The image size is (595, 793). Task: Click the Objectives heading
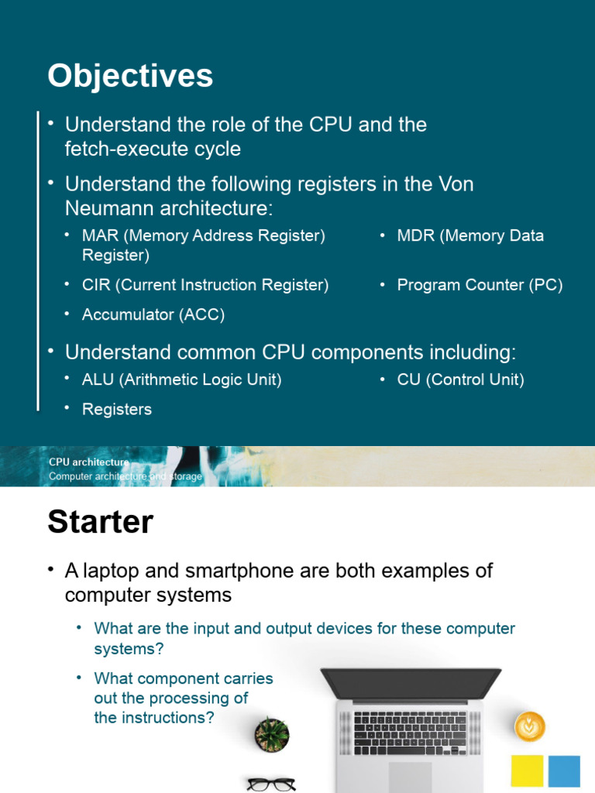point(130,77)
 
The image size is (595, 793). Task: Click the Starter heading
point(100,523)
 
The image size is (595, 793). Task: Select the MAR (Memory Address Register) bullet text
point(203,235)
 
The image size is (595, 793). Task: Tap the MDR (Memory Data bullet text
point(470,235)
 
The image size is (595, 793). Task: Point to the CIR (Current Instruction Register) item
point(205,285)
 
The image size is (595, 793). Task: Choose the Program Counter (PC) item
point(480,285)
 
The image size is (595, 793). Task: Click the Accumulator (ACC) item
point(153,314)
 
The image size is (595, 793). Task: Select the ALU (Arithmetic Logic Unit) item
point(182,379)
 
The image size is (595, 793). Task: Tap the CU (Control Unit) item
point(460,379)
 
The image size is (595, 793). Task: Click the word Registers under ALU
point(117,410)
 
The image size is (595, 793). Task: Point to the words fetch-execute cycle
point(153,149)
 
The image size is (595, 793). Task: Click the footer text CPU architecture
point(89,462)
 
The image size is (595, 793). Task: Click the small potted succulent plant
point(272,733)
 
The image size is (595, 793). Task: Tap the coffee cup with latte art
point(530,726)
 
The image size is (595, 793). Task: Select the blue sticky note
point(564,772)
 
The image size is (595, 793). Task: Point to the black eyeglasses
point(271,784)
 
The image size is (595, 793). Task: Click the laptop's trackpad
point(411,777)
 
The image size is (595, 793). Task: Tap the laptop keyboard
point(411,733)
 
